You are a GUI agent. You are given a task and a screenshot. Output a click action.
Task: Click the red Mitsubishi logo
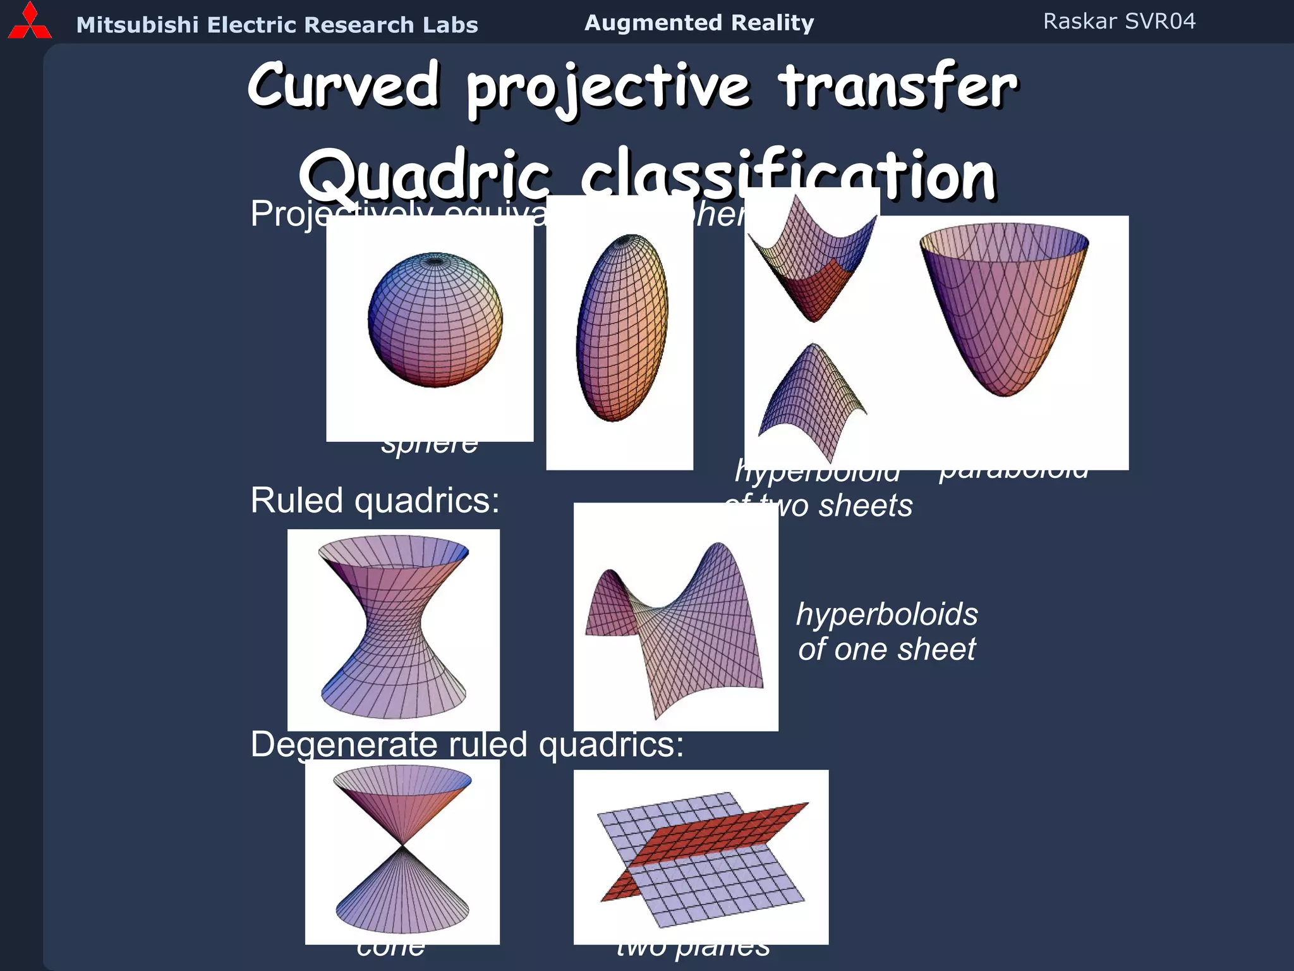(x=29, y=22)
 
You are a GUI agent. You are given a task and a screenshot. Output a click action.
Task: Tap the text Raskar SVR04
(x=1118, y=21)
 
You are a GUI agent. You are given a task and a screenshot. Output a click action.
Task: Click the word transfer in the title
(x=897, y=85)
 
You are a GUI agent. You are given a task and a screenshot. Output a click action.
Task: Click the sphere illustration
(x=435, y=320)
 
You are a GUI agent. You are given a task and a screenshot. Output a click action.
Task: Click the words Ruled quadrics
(x=375, y=501)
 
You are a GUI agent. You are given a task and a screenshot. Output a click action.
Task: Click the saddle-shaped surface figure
(x=676, y=626)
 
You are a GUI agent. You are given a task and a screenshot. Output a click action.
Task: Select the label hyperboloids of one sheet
(x=886, y=632)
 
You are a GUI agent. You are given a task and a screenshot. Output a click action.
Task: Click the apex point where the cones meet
(x=402, y=845)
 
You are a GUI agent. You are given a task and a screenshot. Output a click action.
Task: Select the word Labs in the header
(x=451, y=25)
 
